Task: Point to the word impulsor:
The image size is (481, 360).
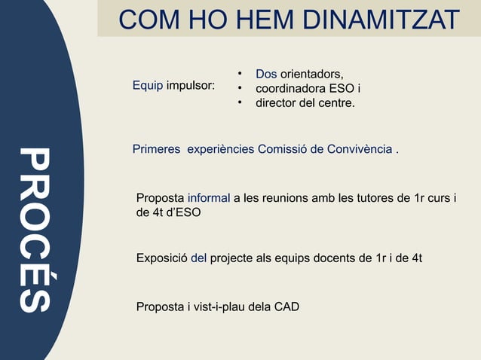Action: tap(191, 86)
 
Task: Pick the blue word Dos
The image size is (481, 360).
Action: tap(266, 74)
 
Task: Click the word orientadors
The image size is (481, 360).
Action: tap(312, 74)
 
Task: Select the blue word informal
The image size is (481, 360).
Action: tap(209, 198)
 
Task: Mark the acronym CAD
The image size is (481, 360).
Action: tap(286, 307)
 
